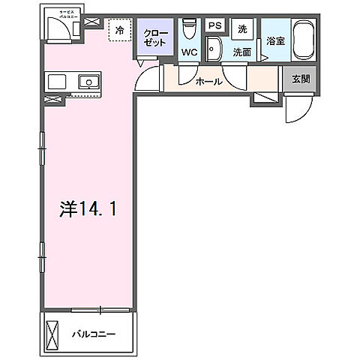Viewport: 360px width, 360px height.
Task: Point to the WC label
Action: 188,53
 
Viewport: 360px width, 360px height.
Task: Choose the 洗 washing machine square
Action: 241,28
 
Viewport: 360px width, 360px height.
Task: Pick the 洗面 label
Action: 241,52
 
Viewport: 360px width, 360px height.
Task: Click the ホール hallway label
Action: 208,82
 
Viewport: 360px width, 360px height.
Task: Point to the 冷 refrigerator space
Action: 120,31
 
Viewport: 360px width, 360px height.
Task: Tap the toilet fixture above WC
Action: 189,28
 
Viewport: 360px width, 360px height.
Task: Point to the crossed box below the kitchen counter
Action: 52,99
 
